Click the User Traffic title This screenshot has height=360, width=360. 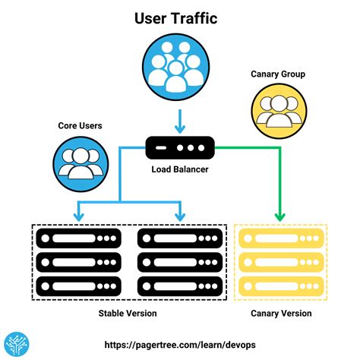point(177,17)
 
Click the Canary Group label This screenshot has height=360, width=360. point(278,74)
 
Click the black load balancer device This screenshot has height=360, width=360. point(179,144)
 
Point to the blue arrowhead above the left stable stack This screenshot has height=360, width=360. point(77,216)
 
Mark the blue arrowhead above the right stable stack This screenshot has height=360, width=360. point(180,216)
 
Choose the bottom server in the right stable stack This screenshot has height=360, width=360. point(180,286)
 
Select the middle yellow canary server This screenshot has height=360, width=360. point(281,263)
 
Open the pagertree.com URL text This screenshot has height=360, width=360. point(179,344)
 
